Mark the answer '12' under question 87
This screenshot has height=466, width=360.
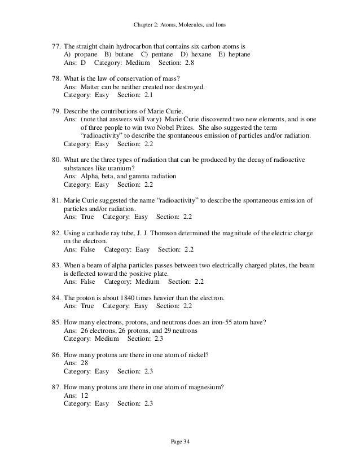click(x=86, y=395)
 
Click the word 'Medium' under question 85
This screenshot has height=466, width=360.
click(x=106, y=338)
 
